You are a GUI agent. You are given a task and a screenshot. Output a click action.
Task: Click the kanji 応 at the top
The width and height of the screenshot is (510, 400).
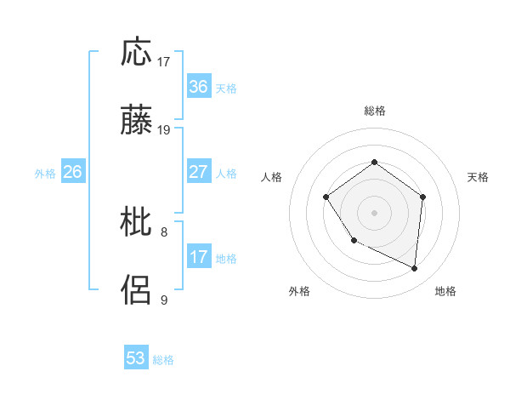[x=136, y=53]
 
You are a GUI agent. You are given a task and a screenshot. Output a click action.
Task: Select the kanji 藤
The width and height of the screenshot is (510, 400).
[x=136, y=122]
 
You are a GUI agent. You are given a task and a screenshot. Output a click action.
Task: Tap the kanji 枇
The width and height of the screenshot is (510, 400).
[x=136, y=222]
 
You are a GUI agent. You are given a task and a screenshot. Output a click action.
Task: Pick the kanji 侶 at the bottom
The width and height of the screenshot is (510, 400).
[x=136, y=290]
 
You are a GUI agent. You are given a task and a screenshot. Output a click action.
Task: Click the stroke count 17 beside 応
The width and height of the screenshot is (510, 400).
[x=164, y=62]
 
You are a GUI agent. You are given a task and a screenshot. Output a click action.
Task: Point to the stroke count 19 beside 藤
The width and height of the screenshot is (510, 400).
[x=164, y=130]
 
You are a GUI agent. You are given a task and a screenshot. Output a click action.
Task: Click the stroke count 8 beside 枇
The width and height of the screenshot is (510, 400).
[x=164, y=231]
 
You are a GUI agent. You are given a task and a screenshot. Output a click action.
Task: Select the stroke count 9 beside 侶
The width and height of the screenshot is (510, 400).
[x=164, y=300]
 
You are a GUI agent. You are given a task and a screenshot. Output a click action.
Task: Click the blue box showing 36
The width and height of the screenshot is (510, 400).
[x=198, y=87]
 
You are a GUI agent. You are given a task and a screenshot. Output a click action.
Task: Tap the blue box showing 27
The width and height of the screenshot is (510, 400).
[x=198, y=172]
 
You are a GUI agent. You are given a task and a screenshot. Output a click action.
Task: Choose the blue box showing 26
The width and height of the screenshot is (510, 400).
[x=72, y=172]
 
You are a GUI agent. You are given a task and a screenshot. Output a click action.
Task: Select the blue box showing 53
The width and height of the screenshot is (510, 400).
[x=136, y=358]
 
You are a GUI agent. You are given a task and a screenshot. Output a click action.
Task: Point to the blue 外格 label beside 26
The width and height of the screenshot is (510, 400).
[x=45, y=174]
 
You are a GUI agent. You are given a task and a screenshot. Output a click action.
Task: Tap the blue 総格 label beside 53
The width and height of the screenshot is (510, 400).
[x=163, y=360]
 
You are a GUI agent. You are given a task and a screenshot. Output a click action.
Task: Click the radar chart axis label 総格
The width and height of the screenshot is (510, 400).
[x=374, y=111]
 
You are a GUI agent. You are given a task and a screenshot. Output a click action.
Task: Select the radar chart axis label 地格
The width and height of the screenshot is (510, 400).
[x=445, y=291]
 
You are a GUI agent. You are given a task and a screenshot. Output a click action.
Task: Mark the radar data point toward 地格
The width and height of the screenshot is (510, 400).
[x=415, y=269]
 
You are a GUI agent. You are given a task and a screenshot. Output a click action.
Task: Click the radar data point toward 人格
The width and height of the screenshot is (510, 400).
[x=326, y=197]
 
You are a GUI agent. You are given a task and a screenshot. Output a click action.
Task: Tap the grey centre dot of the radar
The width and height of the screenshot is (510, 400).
[x=374, y=212]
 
